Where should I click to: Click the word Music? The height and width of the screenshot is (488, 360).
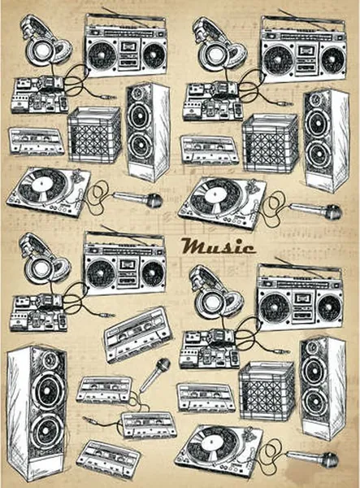[x=219, y=246]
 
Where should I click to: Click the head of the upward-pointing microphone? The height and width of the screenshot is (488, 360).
[x=163, y=365]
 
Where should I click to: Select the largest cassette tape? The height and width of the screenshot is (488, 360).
[x=138, y=335]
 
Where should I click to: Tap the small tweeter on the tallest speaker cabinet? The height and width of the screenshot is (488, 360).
[x=49, y=359]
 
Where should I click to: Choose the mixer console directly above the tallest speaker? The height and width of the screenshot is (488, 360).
[x=38, y=313]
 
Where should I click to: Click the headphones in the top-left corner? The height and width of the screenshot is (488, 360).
[x=46, y=41]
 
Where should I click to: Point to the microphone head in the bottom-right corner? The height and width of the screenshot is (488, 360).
[x=330, y=460]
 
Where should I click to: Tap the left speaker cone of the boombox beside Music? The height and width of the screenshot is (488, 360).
[x=100, y=272]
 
